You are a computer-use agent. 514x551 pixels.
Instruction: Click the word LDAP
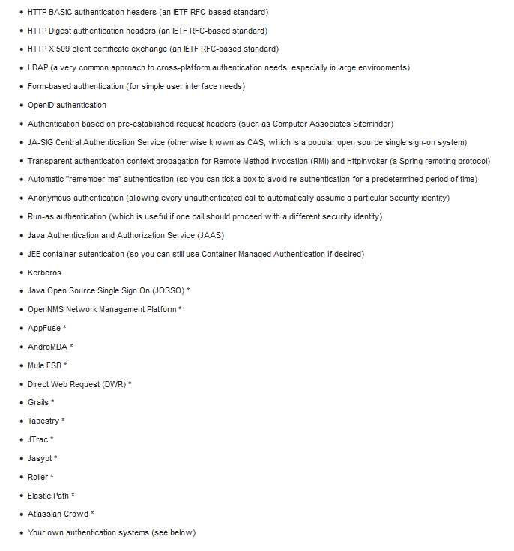pos(37,68)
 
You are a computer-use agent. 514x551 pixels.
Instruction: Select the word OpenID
pos(41,106)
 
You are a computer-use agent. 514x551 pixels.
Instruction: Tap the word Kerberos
pos(44,273)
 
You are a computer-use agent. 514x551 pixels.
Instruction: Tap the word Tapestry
pos(43,421)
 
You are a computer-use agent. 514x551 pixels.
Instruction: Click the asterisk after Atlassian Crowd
pos(92,514)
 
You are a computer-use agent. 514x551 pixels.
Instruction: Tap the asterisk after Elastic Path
pos(73,496)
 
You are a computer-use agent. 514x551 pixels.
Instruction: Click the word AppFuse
pos(44,329)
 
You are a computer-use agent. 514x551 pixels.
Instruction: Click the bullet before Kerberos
pos(21,273)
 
